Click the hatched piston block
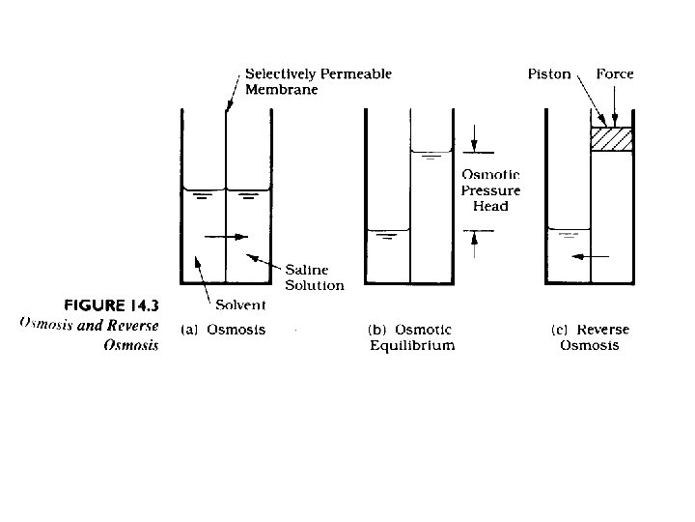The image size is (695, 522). point(612,139)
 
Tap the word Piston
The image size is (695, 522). point(549,74)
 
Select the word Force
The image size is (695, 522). point(615,74)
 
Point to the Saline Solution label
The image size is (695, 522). point(314,276)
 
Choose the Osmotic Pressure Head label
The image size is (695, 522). point(490,190)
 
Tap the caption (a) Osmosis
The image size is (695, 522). point(224,330)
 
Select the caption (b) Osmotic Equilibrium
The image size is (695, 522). point(412,338)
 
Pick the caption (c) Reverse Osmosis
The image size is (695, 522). point(590,338)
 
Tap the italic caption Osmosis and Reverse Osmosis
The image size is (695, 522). point(89,333)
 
